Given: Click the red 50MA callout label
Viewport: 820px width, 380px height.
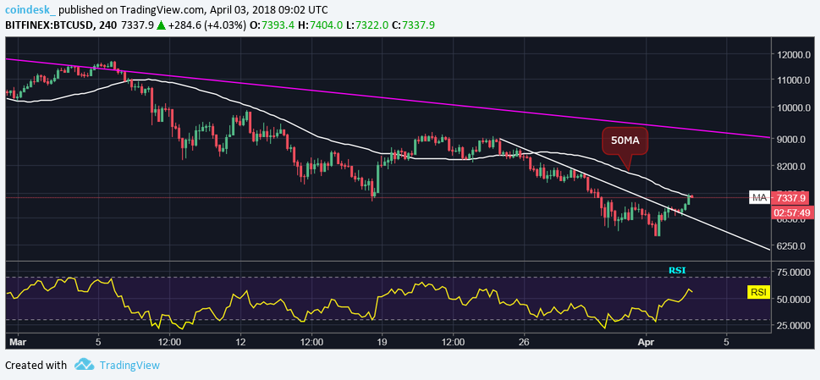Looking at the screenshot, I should click(625, 140).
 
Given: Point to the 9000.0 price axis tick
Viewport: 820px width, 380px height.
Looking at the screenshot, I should click(792, 139).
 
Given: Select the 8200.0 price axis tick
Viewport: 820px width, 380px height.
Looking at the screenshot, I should click(792, 168).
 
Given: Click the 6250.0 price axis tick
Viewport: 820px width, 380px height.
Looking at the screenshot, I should click(792, 246).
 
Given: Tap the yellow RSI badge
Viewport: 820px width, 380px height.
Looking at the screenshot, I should click(760, 293).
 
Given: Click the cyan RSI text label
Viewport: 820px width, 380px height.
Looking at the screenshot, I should click(677, 270).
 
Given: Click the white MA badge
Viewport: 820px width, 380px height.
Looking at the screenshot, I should click(759, 198).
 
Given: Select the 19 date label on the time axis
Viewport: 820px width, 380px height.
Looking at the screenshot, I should click(382, 343).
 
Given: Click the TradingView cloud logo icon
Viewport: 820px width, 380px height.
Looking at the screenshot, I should click(84, 365).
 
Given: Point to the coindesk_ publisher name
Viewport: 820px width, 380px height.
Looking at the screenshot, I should click(30, 9).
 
